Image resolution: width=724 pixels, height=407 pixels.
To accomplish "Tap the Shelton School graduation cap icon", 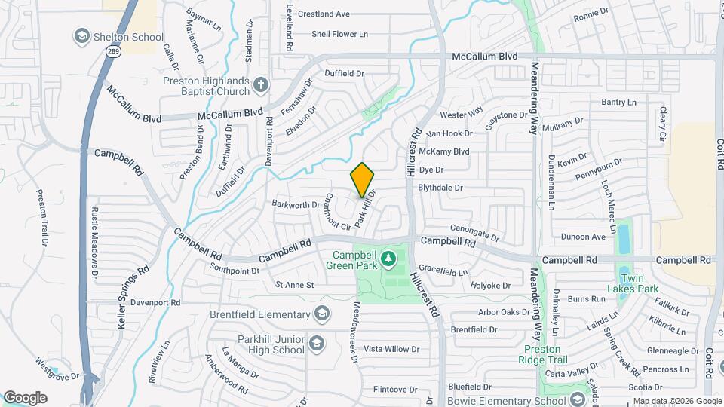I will pyautogui.click(x=81, y=36).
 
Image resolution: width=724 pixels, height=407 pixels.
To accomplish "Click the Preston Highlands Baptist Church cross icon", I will pyautogui.click(x=261, y=84).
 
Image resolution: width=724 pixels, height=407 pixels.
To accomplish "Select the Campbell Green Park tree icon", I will pyautogui.click(x=388, y=260).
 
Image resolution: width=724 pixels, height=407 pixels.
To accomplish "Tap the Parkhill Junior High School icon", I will pyautogui.click(x=317, y=344).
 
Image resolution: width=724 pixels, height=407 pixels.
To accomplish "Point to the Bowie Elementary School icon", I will pyautogui.click(x=578, y=399).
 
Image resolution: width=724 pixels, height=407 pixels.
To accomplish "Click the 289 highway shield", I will pyautogui.click(x=112, y=51).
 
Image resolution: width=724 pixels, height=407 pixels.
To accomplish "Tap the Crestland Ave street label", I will pyautogui.click(x=324, y=14).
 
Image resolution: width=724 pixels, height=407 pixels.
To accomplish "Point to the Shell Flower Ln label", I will pyautogui.click(x=339, y=34).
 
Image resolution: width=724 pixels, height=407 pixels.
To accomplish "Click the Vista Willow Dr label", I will pyautogui.click(x=391, y=349).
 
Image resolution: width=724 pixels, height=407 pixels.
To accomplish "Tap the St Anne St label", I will pyautogui.click(x=294, y=285).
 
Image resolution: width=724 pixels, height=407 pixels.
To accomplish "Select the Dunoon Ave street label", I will pyautogui.click(x=583, y=237).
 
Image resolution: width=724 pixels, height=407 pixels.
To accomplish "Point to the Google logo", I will pyautogui.click(x=25, y=398).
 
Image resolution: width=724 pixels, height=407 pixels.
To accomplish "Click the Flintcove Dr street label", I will pyautogui.click(x=395, y=389).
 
